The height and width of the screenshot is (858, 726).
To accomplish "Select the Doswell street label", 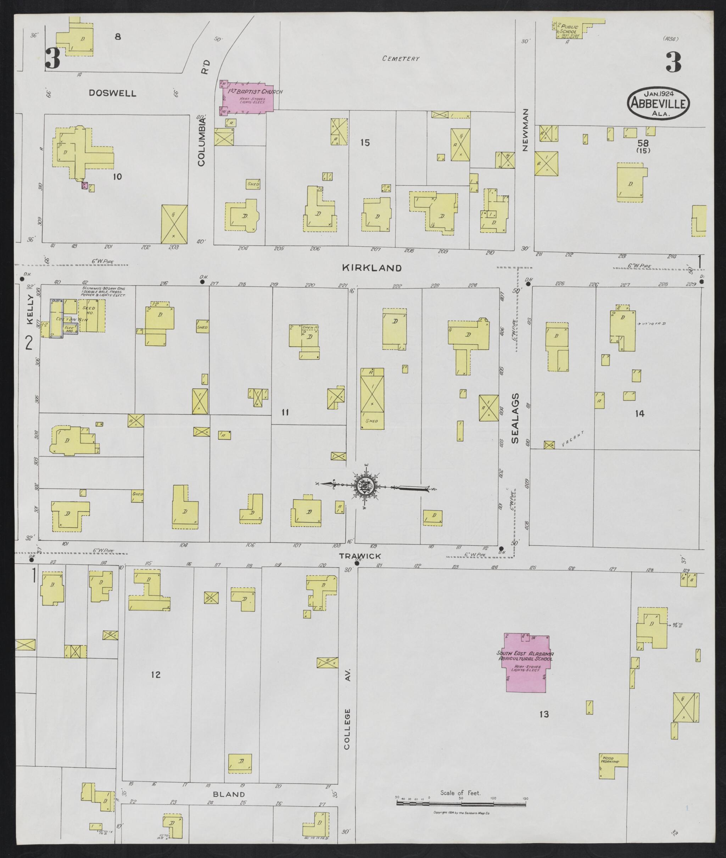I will [112, 93].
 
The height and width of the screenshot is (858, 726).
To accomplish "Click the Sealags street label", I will [516, 418].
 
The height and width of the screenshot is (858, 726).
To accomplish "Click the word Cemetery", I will [401, 59].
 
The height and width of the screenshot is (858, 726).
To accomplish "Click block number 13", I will [544, 714].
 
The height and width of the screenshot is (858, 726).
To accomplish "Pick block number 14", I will [639, 413].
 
